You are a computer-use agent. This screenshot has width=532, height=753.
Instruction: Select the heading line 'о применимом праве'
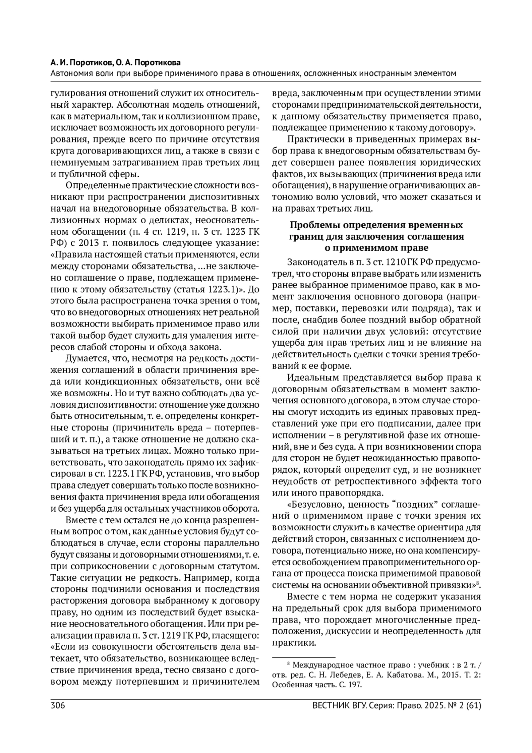(x=376, y=247)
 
